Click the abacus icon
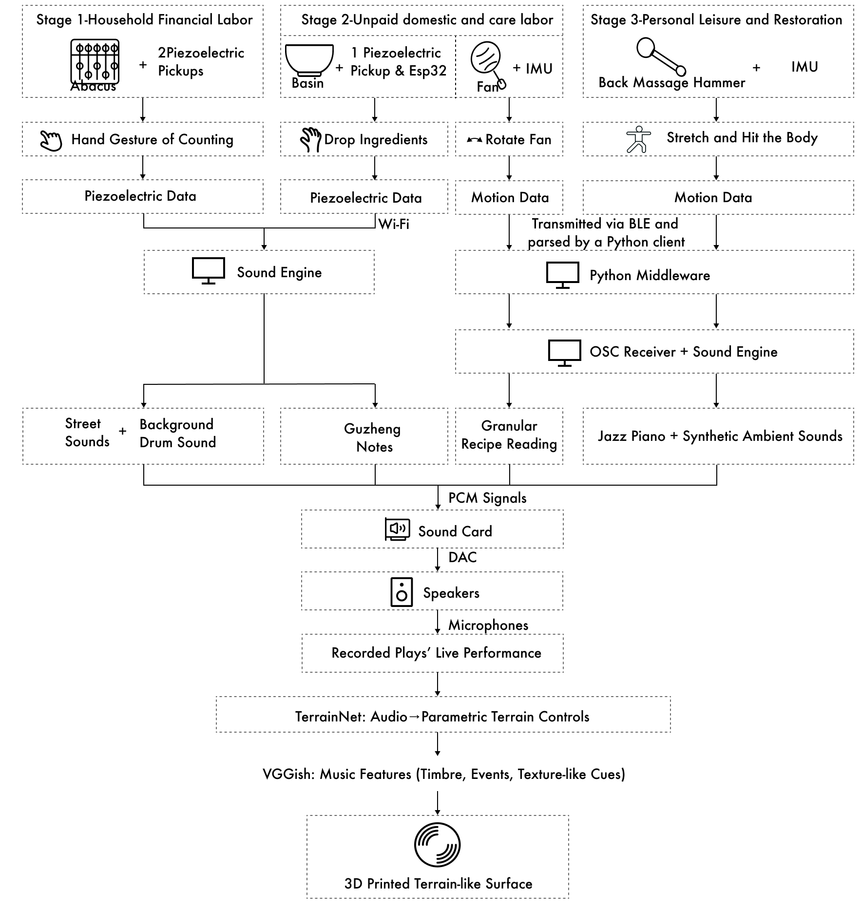click(x=95, y=62)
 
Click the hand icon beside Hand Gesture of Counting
click(x=51, y=141)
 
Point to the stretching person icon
click(x=638, y=140)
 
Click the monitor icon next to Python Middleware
click(x=563, y=275)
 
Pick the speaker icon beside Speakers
click(x=402, y=592)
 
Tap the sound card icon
click(x=397, y=530)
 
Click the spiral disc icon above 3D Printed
click(x=437, y=845)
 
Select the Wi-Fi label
click(x=394, y=224)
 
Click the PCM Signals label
click(x=487, y=498)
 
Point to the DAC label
click(x=462, y=557)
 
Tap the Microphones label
click(x=488, y=625)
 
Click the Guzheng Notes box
click(x=364, y=436)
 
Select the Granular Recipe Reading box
click(x=509, y=436)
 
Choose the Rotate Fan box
click(x=509, y=139)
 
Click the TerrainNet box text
click(x=442, y=717)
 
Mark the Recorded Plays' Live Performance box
click(x=433, y=653)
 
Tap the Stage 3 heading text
click(x=716, y=19)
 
